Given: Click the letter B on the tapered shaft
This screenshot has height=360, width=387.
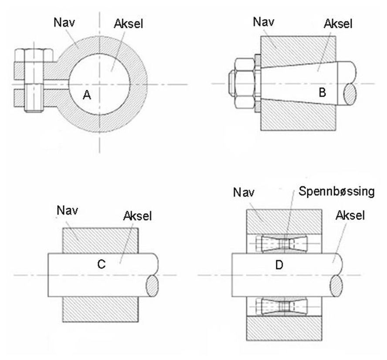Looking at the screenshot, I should tap(323, 92).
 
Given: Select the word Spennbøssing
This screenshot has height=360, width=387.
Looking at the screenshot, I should tap(337, 192).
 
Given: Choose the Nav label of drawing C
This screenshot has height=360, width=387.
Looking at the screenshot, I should tap(67, 211).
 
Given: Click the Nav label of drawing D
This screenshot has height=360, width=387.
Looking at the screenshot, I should tap(244, 192).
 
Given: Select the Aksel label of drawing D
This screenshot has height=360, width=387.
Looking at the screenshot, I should tap(350, 216).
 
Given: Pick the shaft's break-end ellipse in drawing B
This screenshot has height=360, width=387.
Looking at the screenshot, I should tap(350, 93).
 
